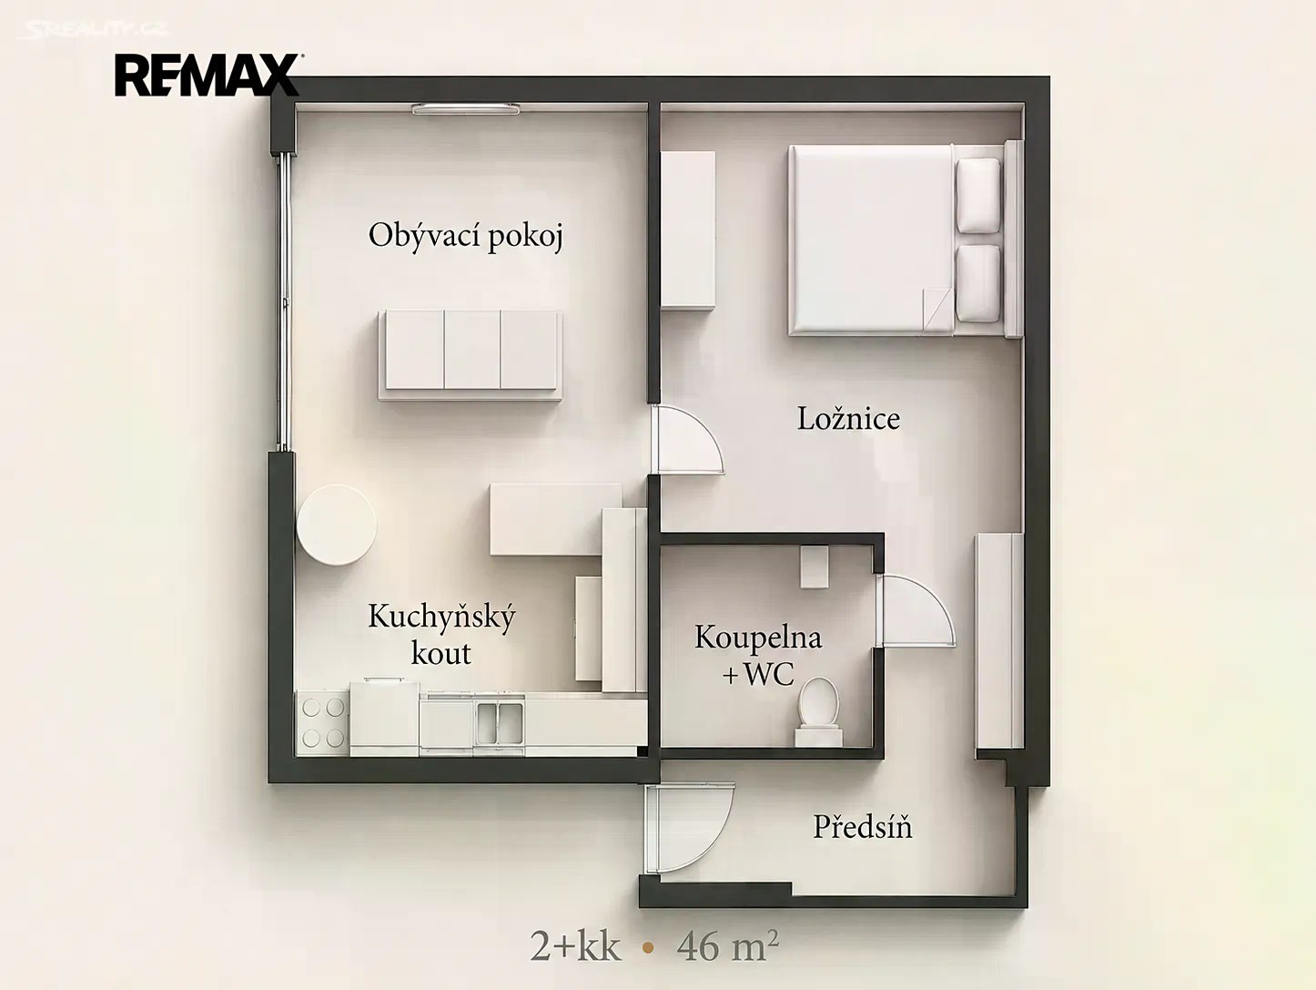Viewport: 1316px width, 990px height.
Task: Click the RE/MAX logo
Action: pyautogui.click(x=207, y=75)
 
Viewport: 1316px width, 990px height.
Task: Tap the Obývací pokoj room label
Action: pyautogui.click(x=466, y=237)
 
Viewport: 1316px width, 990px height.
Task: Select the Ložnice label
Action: pyautogui.click(x=848, y=418)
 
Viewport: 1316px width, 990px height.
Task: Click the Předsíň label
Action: pyautogui.click(x=862, y=827)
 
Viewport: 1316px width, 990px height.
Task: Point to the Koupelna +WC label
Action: pyautogui.click(x=758, y=655)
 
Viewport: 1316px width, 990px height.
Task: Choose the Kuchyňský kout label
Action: pyautogui.click(x=441, y=634)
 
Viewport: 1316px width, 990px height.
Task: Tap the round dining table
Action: pyautogui.click(x=337, y=525)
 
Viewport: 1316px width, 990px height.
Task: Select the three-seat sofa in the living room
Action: pyautogui.click(x=471, y=354)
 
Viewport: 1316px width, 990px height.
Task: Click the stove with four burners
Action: pyautogui.click(x=323, y=722)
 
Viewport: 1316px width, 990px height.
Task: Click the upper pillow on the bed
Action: pyautogui.click(x=978, y=195)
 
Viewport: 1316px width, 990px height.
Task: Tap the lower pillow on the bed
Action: pyautogui.click(x=978, y=282)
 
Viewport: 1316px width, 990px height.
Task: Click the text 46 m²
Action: pyautogui.click(x=728, y=948)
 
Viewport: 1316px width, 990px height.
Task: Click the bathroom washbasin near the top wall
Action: pyautogui.click(x=815, y=566)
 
